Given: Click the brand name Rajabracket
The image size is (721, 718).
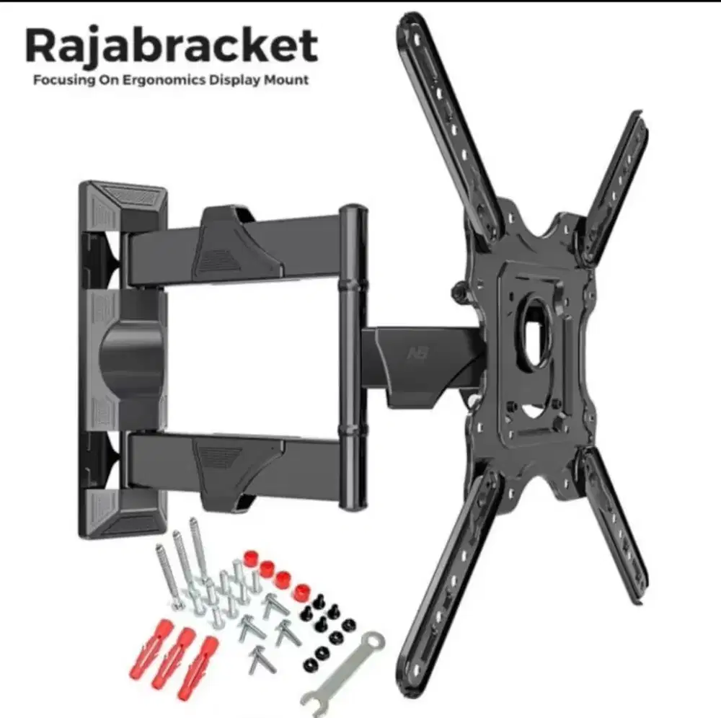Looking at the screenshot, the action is pos(171,46).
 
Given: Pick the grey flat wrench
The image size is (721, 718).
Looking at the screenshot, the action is pos(342,674).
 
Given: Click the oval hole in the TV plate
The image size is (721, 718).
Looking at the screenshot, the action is pos(535,333).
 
